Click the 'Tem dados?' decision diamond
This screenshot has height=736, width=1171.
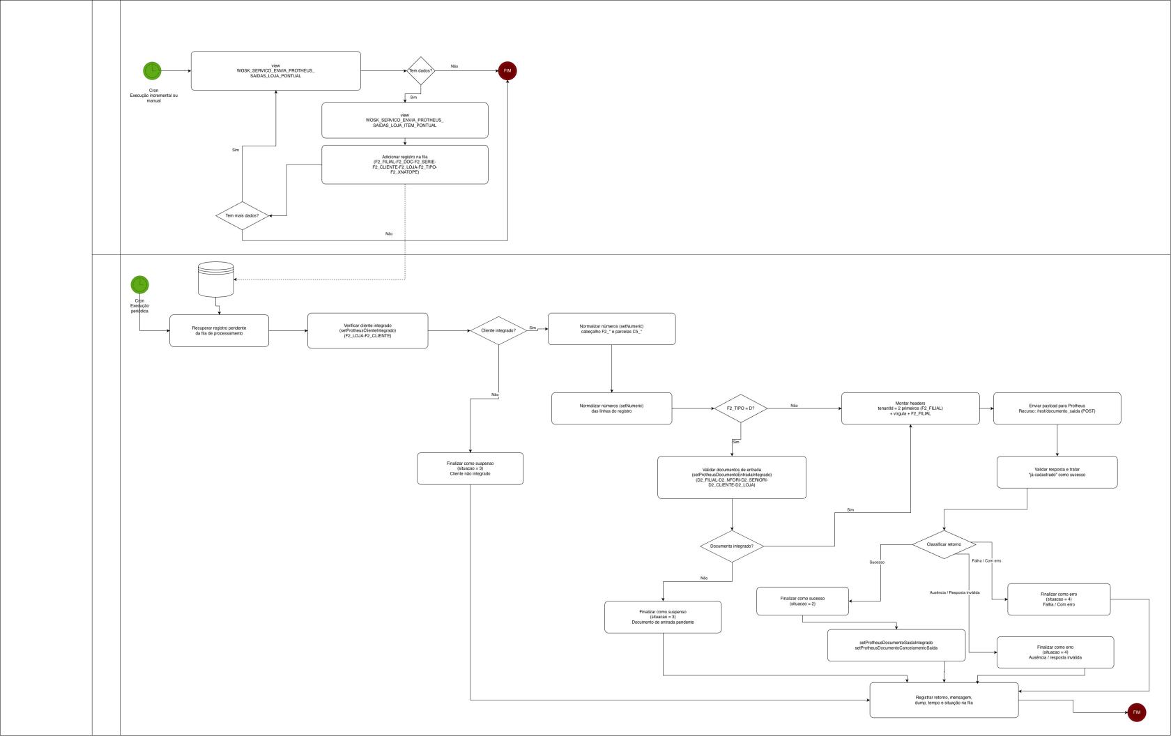420,71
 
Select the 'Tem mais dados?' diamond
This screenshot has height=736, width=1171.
242,216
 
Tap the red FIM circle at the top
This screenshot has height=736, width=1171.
507,71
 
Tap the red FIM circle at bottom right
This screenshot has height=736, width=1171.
1136,712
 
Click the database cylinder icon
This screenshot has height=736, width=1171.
216,279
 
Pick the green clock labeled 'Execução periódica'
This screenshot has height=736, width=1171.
139,284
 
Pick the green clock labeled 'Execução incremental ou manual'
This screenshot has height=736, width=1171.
152,70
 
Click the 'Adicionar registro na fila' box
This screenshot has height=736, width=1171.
404,164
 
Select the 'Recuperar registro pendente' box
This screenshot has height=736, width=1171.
219,330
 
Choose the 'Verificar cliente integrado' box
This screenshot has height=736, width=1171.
367,330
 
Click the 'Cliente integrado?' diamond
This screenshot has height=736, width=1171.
498,330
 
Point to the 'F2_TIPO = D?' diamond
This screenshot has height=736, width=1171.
740,408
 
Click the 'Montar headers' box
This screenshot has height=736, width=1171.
910,408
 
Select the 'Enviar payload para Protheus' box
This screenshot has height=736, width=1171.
1057,408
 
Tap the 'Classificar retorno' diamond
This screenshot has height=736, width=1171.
944,544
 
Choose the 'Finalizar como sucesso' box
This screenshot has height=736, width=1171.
802,601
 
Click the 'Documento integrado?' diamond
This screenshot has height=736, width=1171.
732,546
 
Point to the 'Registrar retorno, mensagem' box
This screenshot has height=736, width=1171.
944,700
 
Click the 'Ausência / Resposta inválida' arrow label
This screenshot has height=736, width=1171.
954,592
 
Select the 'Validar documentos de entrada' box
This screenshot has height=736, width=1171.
731,477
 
